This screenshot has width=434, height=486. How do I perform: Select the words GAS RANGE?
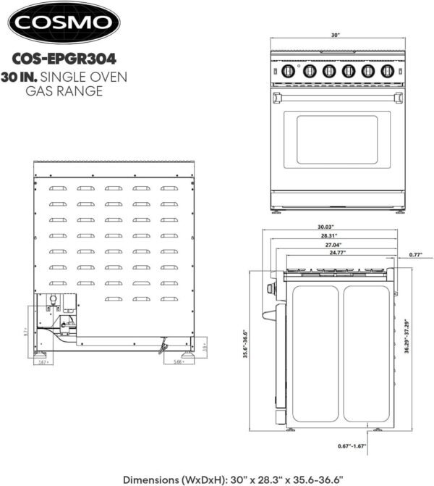(x=64, y=91)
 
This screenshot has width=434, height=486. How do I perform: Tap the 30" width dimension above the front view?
(x=336, y=34)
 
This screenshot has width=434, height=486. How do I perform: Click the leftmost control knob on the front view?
(x=289, y=71)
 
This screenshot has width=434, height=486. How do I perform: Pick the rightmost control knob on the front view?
(x=386, y=71)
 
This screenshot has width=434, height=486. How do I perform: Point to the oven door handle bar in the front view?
(x=337, y=95)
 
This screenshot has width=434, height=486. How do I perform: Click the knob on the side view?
(x=271, y=290)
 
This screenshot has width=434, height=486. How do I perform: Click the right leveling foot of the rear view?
(x=187, y=355)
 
